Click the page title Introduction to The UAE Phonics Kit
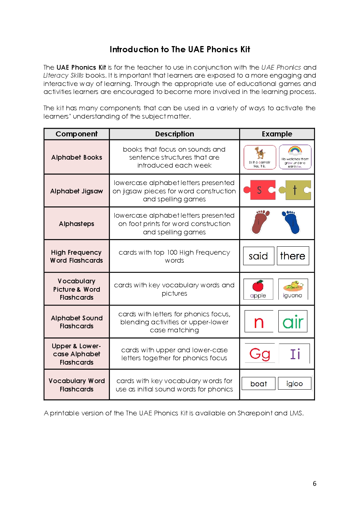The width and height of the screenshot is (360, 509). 180,49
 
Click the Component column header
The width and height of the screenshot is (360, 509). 77,134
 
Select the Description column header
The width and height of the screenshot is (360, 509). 175,134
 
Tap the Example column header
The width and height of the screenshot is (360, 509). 277,134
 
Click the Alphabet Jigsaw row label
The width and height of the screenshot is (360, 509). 77,191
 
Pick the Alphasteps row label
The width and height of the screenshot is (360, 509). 77,224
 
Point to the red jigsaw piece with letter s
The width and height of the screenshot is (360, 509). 259,190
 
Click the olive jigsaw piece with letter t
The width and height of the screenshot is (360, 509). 295,190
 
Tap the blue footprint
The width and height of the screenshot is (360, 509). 291,222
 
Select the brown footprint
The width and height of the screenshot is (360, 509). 261,222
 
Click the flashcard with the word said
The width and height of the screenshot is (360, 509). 258,256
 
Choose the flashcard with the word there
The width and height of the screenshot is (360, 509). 292,256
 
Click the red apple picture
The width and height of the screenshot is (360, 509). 258,286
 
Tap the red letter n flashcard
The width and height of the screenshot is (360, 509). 259,322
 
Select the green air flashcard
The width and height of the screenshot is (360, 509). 293,322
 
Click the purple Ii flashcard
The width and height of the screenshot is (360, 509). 295,354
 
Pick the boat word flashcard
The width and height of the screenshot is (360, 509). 259,384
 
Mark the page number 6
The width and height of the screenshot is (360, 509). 315,484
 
